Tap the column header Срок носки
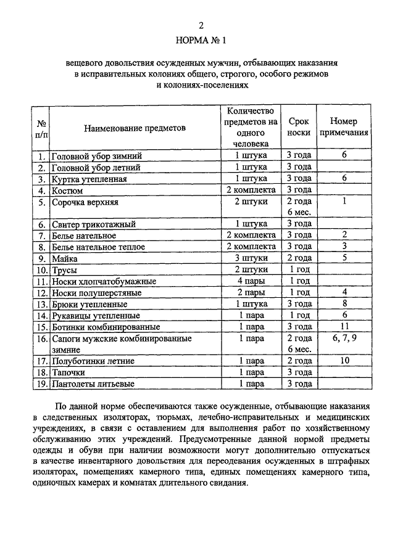[x=299, y=127]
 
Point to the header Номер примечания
[x=344, y=127]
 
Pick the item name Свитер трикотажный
[x=93, y=224]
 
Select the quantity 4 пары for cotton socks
[x=251, y=281]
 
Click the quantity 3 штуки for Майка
[x=251, y=258]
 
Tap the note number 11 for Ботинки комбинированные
[x=344, y=326]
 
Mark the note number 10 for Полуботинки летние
[x=344, y=361]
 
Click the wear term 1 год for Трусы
[x=299, y=270]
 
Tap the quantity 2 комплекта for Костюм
[x=251, y=190]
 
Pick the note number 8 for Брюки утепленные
[x=344, y=303]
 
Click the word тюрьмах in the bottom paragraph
[x=172, y=419]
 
